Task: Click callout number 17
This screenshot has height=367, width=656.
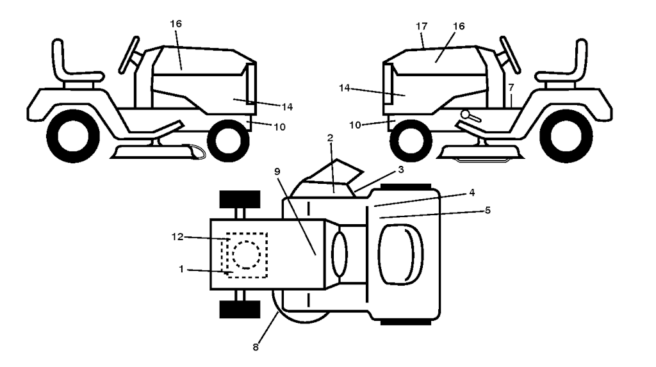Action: click(422, 26)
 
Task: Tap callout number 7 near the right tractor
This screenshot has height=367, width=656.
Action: click(511, 88)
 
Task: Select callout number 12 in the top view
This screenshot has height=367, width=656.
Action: click(177, 237)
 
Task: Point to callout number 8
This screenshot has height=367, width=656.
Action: click(256, 347)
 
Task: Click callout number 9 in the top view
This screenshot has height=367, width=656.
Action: click(277, 172)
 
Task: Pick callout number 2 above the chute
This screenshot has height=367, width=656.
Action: click(330, 138)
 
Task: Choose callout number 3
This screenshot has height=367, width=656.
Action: click(401, 170)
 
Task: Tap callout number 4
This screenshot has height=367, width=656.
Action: click(472, 193)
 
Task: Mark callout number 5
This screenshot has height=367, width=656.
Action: click(488, 210)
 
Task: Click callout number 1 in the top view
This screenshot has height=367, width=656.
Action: click(181, 268)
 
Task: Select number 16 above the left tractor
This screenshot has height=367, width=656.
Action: click(176, 24)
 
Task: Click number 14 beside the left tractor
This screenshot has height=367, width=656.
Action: click(287, 107)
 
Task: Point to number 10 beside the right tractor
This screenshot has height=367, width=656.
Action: click(355, 125)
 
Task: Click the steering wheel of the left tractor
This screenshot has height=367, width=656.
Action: click(129, 55)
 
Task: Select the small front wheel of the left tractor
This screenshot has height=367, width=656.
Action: click(229, 141)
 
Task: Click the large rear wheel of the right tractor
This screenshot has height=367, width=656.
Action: click(566, 136)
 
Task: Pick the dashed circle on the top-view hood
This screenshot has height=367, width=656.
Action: click(247, 254)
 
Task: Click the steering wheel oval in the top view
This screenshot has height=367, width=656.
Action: click(340, 254)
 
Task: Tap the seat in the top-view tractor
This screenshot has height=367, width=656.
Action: click(400, 255)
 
